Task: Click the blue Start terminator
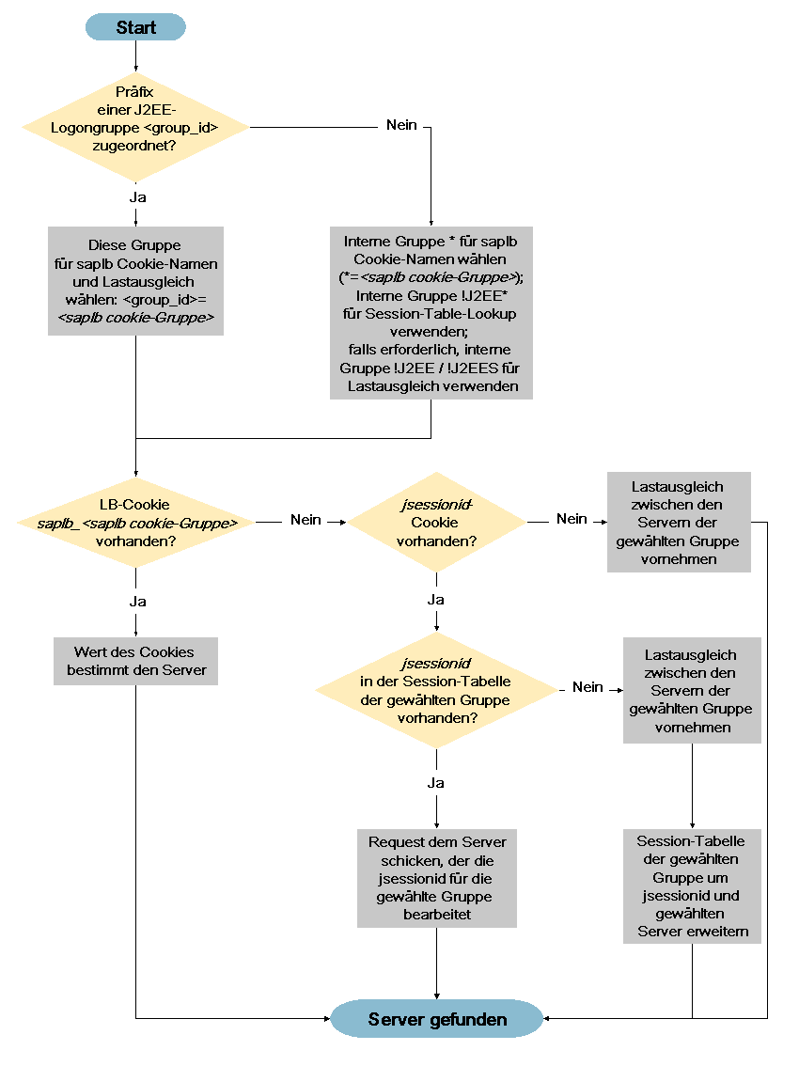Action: (x=135, y=27)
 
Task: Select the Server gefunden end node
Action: (x=436, y=1018)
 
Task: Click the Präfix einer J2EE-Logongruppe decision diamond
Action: (x=135, y=127)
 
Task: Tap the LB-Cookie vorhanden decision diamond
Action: (x=135, y=522)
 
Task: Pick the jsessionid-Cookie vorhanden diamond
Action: (x=436, y=522)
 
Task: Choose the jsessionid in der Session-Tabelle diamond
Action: (x=436, y=690)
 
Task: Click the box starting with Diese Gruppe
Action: (x=135, y=281)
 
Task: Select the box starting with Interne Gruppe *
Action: (x=431, y=313)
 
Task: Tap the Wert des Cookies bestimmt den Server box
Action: (x=136, y=661)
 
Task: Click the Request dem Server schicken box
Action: (x=436, y=878)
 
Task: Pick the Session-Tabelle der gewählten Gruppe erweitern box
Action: (x=692, y=886)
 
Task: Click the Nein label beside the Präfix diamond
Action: (x=402, y=125)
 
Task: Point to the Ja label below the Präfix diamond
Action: (x=137, y=197)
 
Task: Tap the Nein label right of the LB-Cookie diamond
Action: (x=306, y=520)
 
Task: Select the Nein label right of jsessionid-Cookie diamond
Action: (x=572, y=520)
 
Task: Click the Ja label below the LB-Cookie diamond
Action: (x=137, y=602)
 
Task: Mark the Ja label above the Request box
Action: (x=436, y=783)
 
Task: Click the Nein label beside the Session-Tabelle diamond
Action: (x=588, y=687)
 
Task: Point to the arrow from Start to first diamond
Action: (x=136, y=56)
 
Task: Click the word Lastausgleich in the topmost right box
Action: (x=678, y=487)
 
